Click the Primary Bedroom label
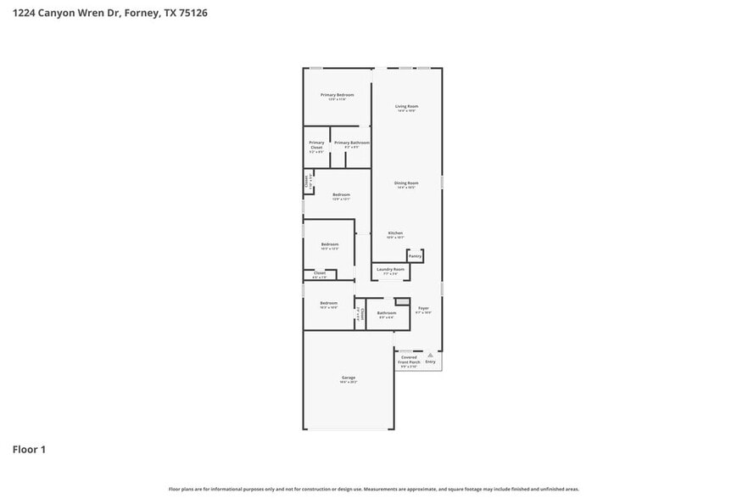coord(337,95)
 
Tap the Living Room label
coord(406,107)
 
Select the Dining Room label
coord(406,183)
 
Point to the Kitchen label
coord(395,233)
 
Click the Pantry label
coord(415,255)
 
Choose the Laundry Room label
coord(391,270)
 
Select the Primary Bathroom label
coord(351,143)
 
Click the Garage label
coord(349,378)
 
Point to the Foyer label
coord(423,308)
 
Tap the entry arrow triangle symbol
coord(430,355)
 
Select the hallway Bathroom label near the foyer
coord(387,313)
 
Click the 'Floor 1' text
coord(29,449)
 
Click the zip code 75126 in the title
coord(192,14)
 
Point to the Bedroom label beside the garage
coord(328,303)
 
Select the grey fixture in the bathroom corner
coord(402,301)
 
